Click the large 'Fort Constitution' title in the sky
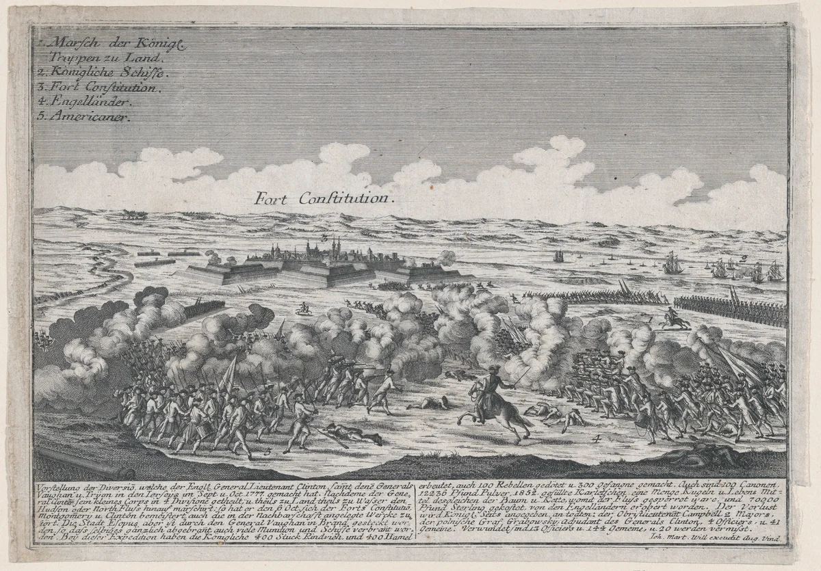point(322,198)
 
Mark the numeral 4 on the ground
point(597,438)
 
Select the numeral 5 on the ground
point(267,451)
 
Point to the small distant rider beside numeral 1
point(674,320)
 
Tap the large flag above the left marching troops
point(229,373)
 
